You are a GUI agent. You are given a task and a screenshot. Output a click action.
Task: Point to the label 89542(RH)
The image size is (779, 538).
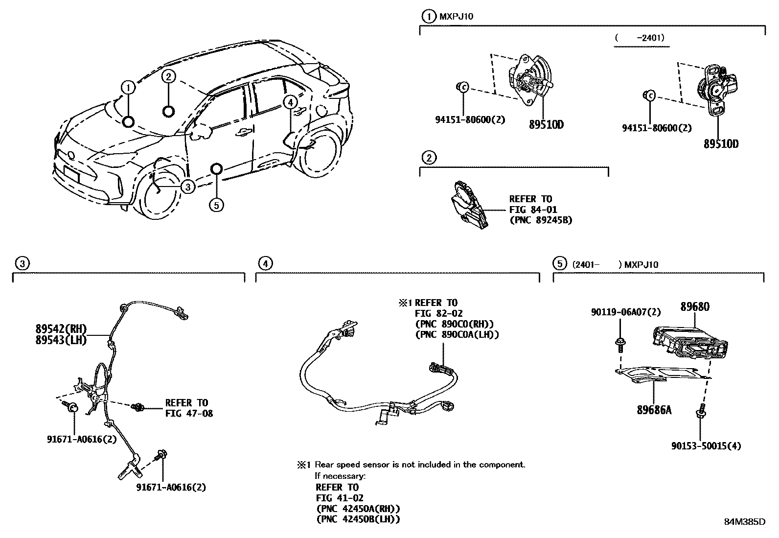[61, 328]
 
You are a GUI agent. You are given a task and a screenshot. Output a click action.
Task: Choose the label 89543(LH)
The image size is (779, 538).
[61, 340]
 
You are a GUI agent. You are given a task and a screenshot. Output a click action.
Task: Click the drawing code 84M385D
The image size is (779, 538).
[744, 521]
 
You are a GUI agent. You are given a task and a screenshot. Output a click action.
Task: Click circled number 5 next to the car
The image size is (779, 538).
[216, 205]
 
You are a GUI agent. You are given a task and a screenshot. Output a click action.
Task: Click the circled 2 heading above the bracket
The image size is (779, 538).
[429, 158]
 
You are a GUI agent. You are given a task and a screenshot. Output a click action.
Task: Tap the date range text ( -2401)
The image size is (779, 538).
[641, 37]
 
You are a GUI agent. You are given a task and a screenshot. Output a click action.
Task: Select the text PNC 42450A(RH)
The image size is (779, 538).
[358, 509]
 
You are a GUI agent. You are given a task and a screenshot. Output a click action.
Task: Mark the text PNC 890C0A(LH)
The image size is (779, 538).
[457, 335]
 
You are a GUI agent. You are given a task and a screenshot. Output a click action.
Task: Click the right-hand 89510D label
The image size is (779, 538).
[721, 144]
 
